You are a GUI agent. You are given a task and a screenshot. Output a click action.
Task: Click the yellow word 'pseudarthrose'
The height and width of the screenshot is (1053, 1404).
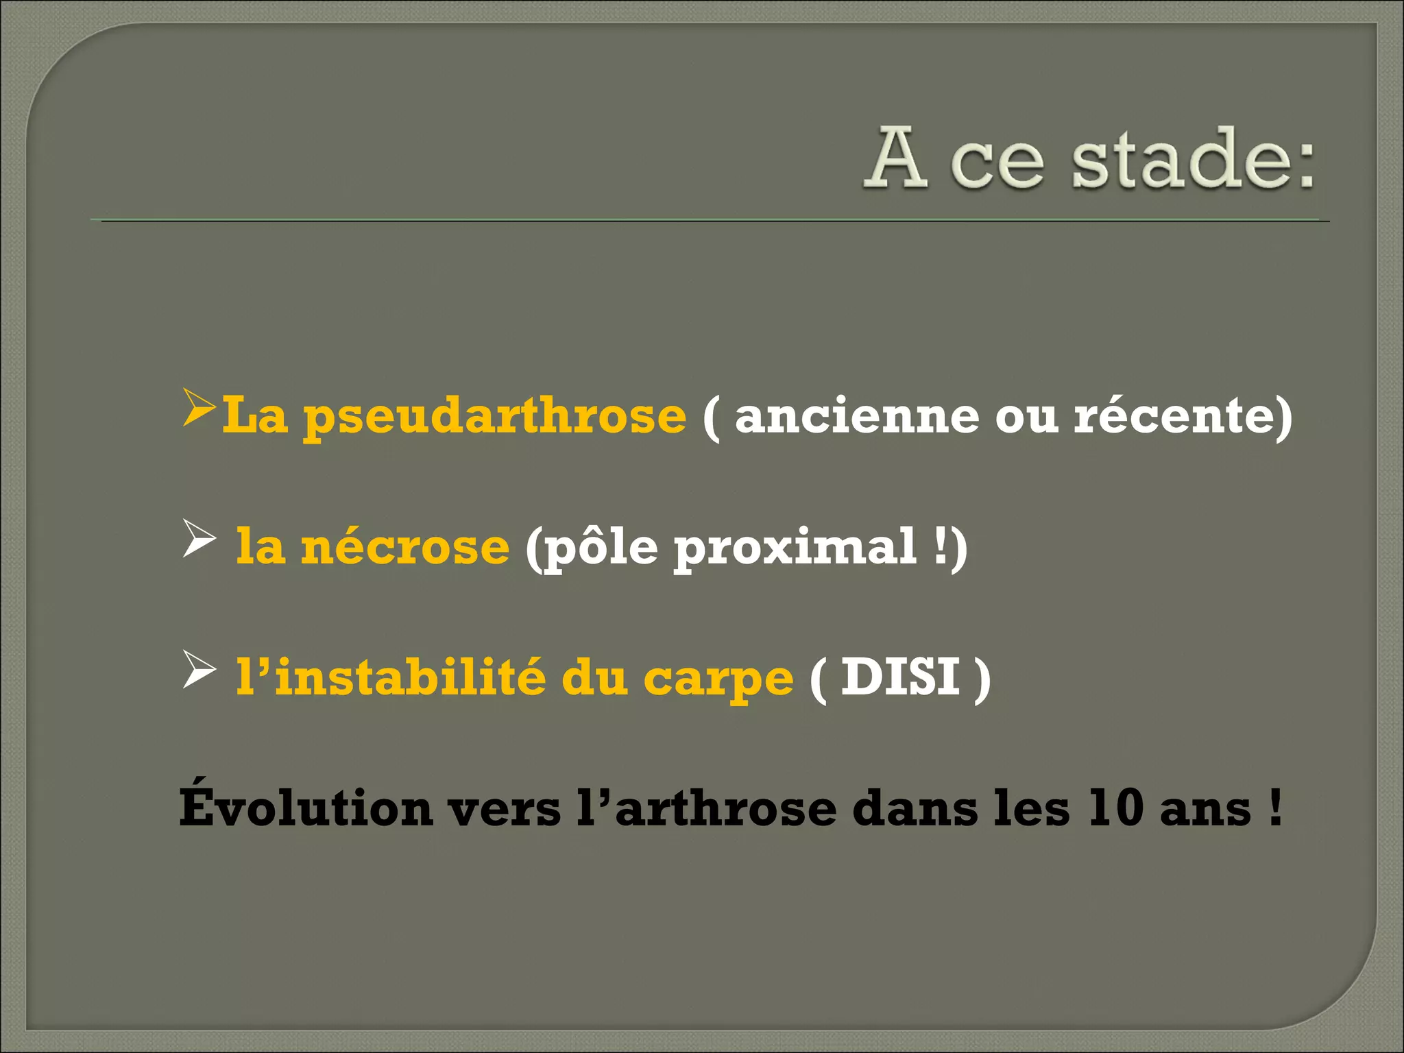[x=494, y=417]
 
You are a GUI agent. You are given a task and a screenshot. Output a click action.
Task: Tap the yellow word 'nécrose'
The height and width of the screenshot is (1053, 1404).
[x=405, y=547]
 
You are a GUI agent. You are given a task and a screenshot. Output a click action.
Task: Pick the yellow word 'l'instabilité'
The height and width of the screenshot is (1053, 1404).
[x=391, y=677]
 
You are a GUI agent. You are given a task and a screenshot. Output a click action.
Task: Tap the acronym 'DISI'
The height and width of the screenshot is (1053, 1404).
[x=899, y=677]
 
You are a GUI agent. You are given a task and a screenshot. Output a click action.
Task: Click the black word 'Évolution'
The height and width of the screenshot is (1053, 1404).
[x=305, y=807]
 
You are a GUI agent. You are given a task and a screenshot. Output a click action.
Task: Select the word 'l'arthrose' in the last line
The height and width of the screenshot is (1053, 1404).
[x=706, y=808]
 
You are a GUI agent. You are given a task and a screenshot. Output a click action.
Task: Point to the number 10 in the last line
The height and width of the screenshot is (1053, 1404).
[x=1115, y=808]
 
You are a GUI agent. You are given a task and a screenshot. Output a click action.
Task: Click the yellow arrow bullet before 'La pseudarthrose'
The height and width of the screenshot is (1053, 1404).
[x=199, y=409]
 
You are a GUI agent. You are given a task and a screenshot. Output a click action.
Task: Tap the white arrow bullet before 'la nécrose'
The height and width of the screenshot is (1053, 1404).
[x=199, y=539]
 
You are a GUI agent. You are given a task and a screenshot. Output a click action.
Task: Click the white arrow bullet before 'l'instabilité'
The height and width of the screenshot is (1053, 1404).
[x=199, y=670]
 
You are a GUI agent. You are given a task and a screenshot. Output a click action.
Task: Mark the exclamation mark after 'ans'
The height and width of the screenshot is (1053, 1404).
[x=1274, y=808]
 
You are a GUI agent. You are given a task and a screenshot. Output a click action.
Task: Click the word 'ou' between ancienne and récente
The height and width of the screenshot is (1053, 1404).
[x=1026, y=417]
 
